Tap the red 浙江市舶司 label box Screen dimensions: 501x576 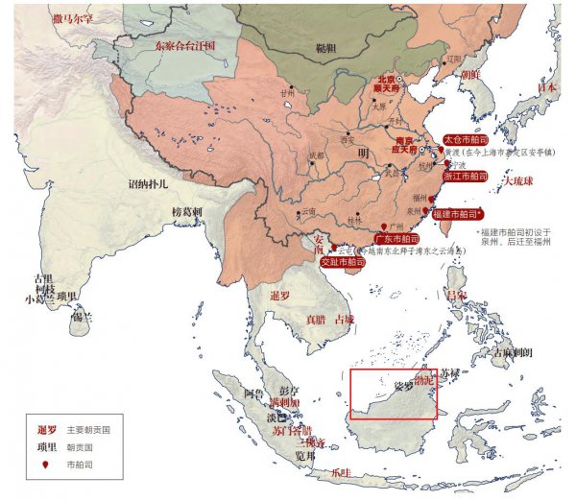[x=466, y=177]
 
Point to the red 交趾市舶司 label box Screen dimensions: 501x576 [x=343, y=261]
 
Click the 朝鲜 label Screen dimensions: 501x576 [x=469, y=74]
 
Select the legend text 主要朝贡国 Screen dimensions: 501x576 [x=88, y=430]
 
